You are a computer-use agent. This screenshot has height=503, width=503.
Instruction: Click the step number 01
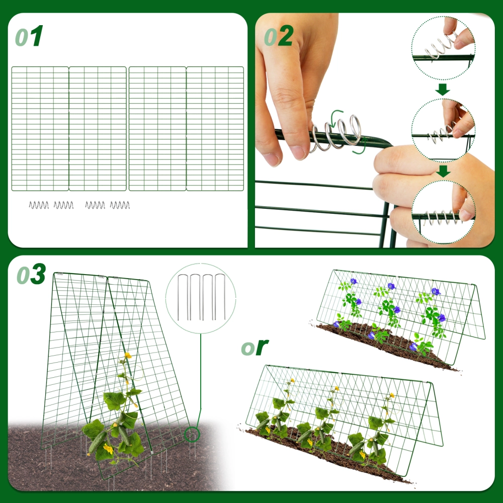[29, 37]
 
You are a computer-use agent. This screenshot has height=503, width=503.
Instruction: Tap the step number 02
[278, 37]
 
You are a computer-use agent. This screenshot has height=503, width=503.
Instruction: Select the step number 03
[31, 275]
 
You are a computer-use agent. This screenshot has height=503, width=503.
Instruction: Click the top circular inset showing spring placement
[443, 48]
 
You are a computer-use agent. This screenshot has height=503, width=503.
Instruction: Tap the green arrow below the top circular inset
[443, 90]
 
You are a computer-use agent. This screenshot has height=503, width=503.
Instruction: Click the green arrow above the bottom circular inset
[443, 172]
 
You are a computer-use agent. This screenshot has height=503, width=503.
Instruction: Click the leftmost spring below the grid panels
[39, 205]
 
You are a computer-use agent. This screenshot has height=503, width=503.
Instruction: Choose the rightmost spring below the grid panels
[120, 205]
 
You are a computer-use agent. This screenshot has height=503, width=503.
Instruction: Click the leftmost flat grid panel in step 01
[40, 129]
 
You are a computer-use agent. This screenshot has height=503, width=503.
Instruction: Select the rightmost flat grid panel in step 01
[215, 129]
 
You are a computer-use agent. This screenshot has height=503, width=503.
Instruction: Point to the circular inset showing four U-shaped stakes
[201, 300]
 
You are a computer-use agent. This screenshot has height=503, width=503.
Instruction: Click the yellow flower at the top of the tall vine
[128, 356]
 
